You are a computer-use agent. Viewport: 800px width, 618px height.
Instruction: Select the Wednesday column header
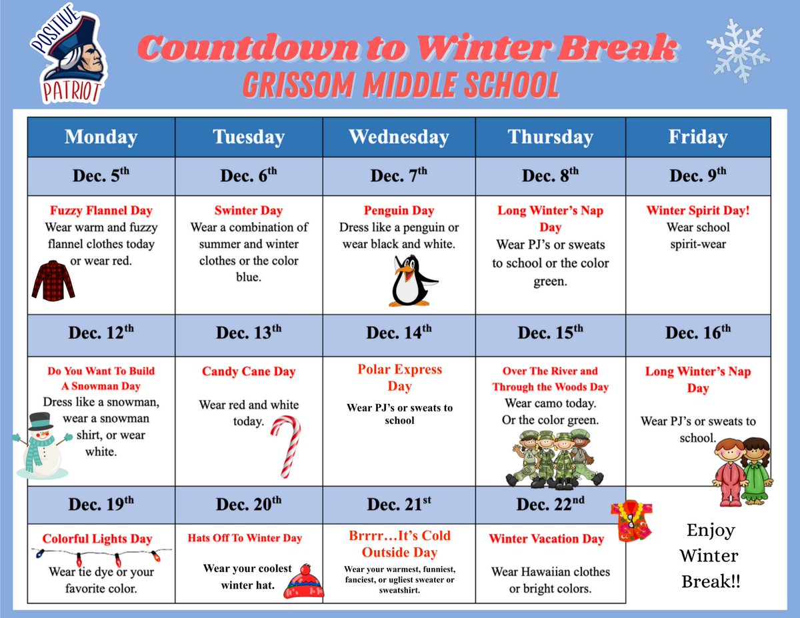pyautogui.click(x=399, y=137)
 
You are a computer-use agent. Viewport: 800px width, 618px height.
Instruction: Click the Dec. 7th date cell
pyautogui.click(x=399, y=176)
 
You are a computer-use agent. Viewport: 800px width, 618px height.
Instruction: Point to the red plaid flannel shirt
pyautogui.click(x=53, y=281)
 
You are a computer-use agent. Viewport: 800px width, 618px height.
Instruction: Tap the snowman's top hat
pyautogui.click(x=41, y=420)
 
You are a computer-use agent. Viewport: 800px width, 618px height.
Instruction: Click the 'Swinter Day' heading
pyautogui.click(x=249, y=211)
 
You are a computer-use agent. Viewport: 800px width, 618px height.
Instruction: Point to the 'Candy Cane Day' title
pyautogui.click(x=249, y=372)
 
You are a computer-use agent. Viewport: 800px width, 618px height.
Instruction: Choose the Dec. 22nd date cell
pyautogui.click(x=550, y=505)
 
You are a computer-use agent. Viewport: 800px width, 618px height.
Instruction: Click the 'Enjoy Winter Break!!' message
pyautogui.click(x=710, y=556)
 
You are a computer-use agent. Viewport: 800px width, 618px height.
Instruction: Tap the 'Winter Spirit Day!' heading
pyautogui.click(x=698, y=211)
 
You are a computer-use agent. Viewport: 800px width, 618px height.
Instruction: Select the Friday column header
pyautogui.click(x=697, y=137)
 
